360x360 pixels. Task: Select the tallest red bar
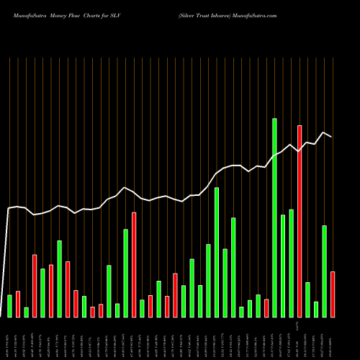coord(300,221)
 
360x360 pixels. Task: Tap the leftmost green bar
coord(10,306)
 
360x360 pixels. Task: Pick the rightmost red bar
coord(333,294)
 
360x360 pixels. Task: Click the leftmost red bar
coord(18,304)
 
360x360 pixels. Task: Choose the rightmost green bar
coord(325,271)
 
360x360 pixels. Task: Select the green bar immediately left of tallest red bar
coord(292,263)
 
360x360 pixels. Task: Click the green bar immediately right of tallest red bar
coord(308,300)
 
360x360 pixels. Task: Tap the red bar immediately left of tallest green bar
coord(266,308)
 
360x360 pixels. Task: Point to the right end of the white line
coord(331,137)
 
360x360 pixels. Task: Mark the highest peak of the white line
coord(325,132)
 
